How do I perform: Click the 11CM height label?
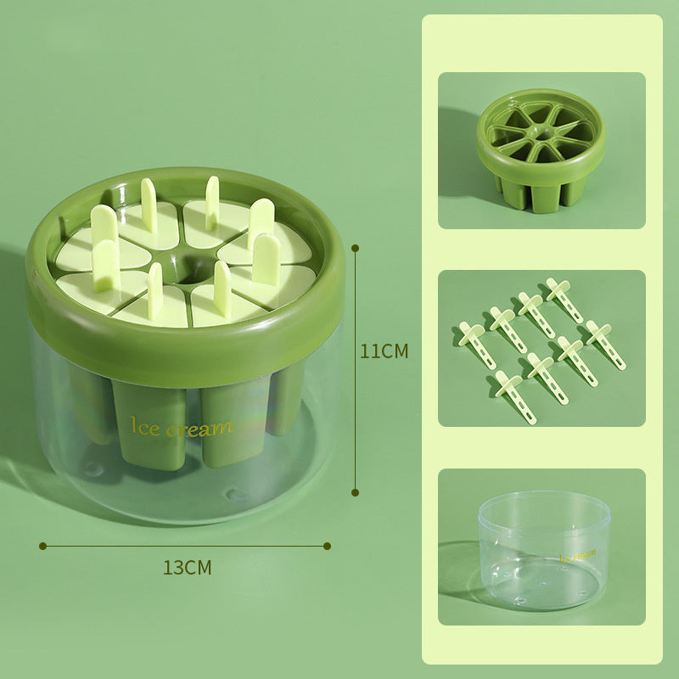384,351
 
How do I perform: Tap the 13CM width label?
187,568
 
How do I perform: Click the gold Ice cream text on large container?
181,427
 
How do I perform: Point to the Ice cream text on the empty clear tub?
577,555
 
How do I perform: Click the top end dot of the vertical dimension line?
355,248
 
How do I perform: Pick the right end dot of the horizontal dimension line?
328,546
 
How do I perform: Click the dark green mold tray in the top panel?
541,149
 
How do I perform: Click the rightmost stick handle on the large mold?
267,258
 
